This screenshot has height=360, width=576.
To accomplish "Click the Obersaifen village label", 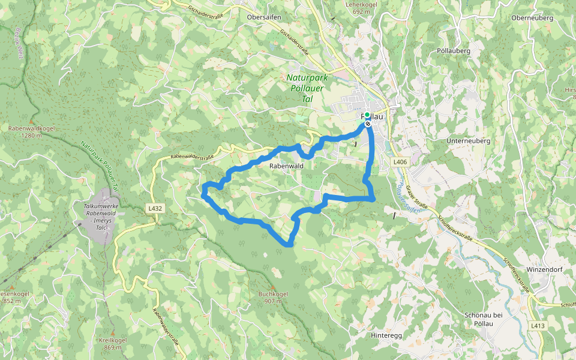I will (264, 17).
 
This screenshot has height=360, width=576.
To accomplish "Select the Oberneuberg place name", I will (532, 17).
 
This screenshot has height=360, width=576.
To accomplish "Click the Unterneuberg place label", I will (469, 141).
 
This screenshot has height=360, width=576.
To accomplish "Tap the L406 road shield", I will (401, 162).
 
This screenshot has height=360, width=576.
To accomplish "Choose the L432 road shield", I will (155, 209).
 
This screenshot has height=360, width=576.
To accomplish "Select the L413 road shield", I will (538, 326).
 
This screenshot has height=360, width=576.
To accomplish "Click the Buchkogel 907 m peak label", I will (274, 297).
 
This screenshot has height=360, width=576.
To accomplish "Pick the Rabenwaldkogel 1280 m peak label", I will (25, 131).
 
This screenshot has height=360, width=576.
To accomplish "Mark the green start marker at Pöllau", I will (367, 115).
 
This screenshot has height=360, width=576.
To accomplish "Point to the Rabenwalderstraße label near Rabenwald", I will (192, 157).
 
